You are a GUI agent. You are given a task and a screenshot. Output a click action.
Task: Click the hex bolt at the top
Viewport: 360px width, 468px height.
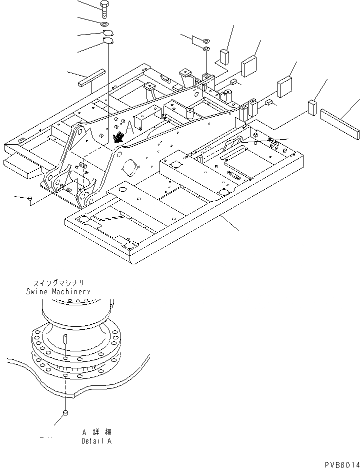103,10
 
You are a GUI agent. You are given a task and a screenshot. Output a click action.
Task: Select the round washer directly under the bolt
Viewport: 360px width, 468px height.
103,24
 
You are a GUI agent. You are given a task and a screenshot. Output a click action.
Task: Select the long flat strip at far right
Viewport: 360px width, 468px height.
340,124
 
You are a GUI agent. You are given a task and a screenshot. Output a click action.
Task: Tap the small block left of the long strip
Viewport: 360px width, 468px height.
312,107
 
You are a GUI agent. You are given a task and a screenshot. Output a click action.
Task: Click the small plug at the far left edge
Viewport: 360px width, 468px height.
30,200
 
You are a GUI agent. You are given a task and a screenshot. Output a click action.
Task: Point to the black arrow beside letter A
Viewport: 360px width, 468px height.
119,137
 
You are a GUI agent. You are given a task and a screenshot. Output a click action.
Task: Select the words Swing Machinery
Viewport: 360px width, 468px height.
58,291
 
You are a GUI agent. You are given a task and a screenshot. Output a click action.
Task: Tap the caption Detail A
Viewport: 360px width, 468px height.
97,441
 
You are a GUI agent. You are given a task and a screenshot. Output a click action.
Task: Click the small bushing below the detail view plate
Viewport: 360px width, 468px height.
65,412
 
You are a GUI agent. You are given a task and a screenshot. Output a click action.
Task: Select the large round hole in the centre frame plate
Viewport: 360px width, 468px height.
129,168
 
